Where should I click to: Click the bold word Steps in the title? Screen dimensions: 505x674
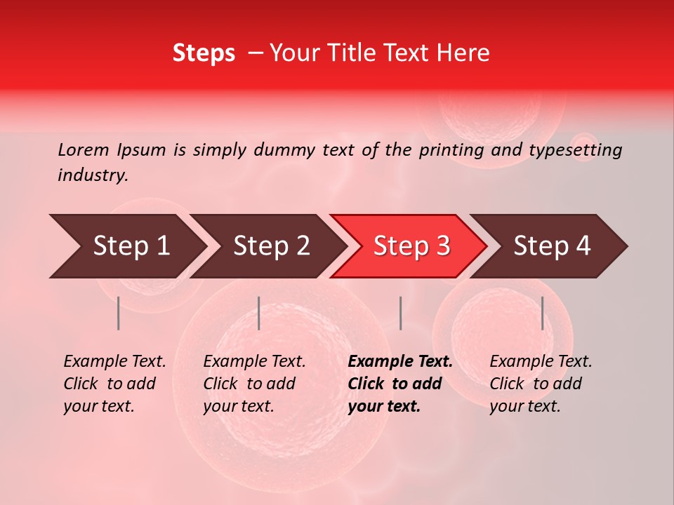(x=204, y=53)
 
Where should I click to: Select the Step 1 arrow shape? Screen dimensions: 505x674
(x=126, y=246)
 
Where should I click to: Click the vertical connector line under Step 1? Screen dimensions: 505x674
(x=119, y=313)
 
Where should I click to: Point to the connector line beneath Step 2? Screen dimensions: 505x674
(x=259, y=313)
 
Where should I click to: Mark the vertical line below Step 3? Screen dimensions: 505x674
(x=400, y=313)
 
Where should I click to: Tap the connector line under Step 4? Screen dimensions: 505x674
(x=542, y=313)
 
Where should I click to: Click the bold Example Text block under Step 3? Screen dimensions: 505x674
(x=400, y=384)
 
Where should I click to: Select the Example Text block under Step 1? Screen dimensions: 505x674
(x=114, y=384)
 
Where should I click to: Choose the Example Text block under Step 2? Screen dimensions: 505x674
(x=254, y=384)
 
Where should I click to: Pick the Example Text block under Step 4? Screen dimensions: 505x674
(x=541, y=384)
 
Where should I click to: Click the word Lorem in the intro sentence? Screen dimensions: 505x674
(x=84, y=149)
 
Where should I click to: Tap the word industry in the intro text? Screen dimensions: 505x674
(x=93, y=175)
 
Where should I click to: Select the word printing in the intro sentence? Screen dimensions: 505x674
(x=450, y=150)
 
